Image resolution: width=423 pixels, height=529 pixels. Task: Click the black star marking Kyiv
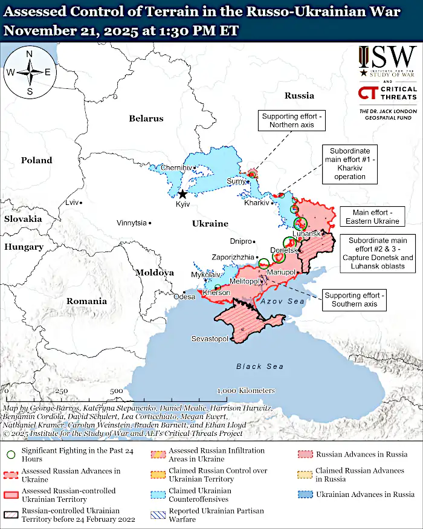182,194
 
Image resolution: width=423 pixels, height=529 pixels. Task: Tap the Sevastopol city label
210,339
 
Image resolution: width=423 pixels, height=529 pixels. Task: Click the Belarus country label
146,118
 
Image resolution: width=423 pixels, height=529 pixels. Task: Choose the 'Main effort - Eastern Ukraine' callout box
372,217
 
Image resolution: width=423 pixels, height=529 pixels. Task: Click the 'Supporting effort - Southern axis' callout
354,299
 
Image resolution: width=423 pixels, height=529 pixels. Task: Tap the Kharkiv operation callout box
350,163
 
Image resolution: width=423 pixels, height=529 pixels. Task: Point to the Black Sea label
260,366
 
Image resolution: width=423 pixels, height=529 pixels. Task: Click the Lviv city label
72,203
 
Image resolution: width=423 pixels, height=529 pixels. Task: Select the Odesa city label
184,297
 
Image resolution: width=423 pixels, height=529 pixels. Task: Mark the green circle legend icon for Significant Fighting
11,455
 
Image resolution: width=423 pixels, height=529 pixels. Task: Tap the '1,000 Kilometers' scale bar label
247,391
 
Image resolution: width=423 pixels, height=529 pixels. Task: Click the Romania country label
86,301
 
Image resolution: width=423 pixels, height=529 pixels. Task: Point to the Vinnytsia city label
132,223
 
